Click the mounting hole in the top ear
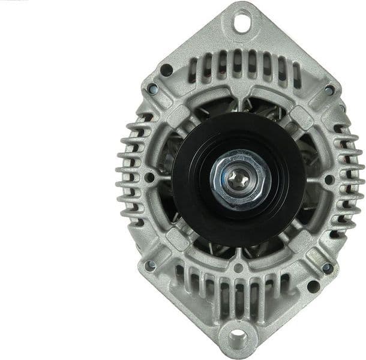click(x=241, y=23)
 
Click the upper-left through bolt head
click(x=152, y=89)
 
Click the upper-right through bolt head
click(x=329, y=90)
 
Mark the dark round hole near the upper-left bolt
click(x=166, y=70)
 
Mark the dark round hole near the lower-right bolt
click(x=313, y=286)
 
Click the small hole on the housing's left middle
click(x=148, y=178)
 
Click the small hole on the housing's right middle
click(x=329, y=179)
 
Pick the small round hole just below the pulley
click(x=238, y=268)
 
